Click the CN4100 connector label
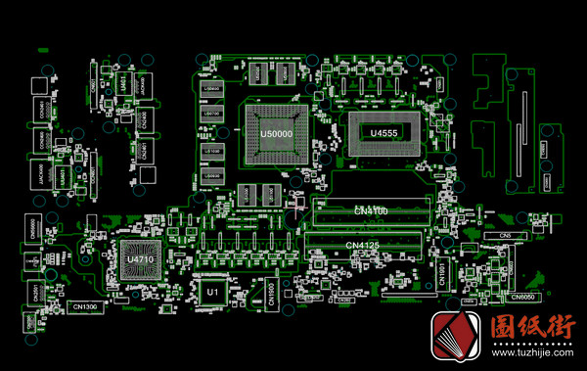coord(371,210)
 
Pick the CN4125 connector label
coord(363,245)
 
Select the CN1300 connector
coord(85,307)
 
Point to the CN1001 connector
coord(441,272)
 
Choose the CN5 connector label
coord(506,237)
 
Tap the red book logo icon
coord(456,338)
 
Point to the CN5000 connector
coord(34,228)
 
